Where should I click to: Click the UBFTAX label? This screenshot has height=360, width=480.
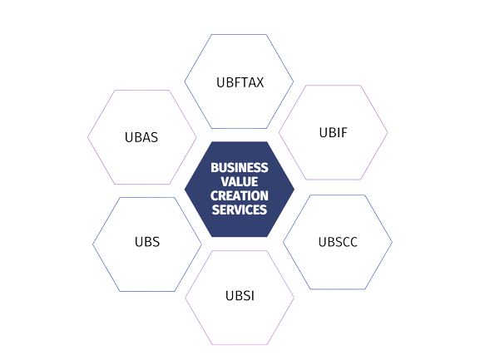click(x=240, y=82)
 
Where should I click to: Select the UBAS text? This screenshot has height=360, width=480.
click(x=141, y=137)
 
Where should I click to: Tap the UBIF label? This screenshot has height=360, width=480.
click(x=333, y=132)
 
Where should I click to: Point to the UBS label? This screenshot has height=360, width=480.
click(x=147, y=242)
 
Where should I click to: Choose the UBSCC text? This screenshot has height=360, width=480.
click(x=338, y=242)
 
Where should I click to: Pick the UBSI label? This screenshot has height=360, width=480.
click(x=240, y=296)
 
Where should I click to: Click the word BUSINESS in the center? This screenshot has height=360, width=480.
click(x=240, y=168)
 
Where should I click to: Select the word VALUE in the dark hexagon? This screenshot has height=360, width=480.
click(x=240, y=182)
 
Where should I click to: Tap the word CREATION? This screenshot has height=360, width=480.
click(x=240, y=195)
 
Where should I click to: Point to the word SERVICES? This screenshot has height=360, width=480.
click(x=240, y=210)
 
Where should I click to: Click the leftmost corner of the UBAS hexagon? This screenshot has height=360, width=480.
click(x=87, y=137)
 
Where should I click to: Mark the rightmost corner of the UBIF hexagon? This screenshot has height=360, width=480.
click(x=388, y=132)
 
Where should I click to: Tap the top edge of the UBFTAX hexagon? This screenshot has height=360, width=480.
click(x=239, y=35)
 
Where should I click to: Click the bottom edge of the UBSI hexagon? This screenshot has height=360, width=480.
click(x=240, y=345)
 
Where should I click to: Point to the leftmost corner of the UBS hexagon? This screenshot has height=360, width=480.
click(x=92, y=244)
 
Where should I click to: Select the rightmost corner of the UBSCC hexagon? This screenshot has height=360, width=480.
click(x=392, y=242)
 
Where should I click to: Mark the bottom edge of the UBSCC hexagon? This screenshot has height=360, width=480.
click(x=338, y=289)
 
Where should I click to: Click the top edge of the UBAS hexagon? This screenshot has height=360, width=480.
click(x=142, y=91)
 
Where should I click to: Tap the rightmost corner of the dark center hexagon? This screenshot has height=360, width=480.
click(x=294, y=190)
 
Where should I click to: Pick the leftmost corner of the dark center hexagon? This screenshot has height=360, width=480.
click(x=185, y=190)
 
